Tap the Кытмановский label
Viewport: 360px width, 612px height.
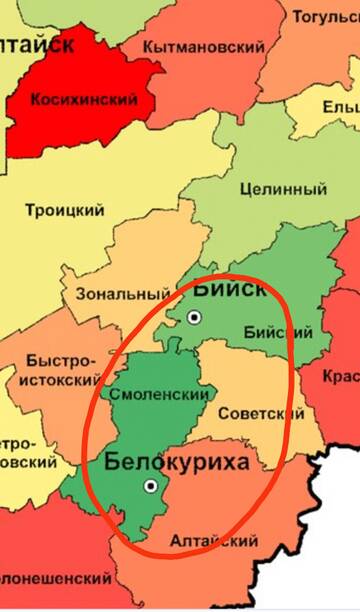click(x=205, y=47)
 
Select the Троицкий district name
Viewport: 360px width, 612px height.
click(x=70, y=210)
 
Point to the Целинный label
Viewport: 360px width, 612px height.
click(x=287, y=189)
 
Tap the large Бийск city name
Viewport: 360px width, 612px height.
click(x=229, y=289)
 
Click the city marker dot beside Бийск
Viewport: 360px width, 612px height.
click(x=195, y=317)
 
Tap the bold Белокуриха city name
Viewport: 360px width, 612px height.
click(x=177, y=462)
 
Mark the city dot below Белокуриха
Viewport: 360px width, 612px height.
click(x=151, y=486)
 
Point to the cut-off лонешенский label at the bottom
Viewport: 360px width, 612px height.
click(x=55, y=578)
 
